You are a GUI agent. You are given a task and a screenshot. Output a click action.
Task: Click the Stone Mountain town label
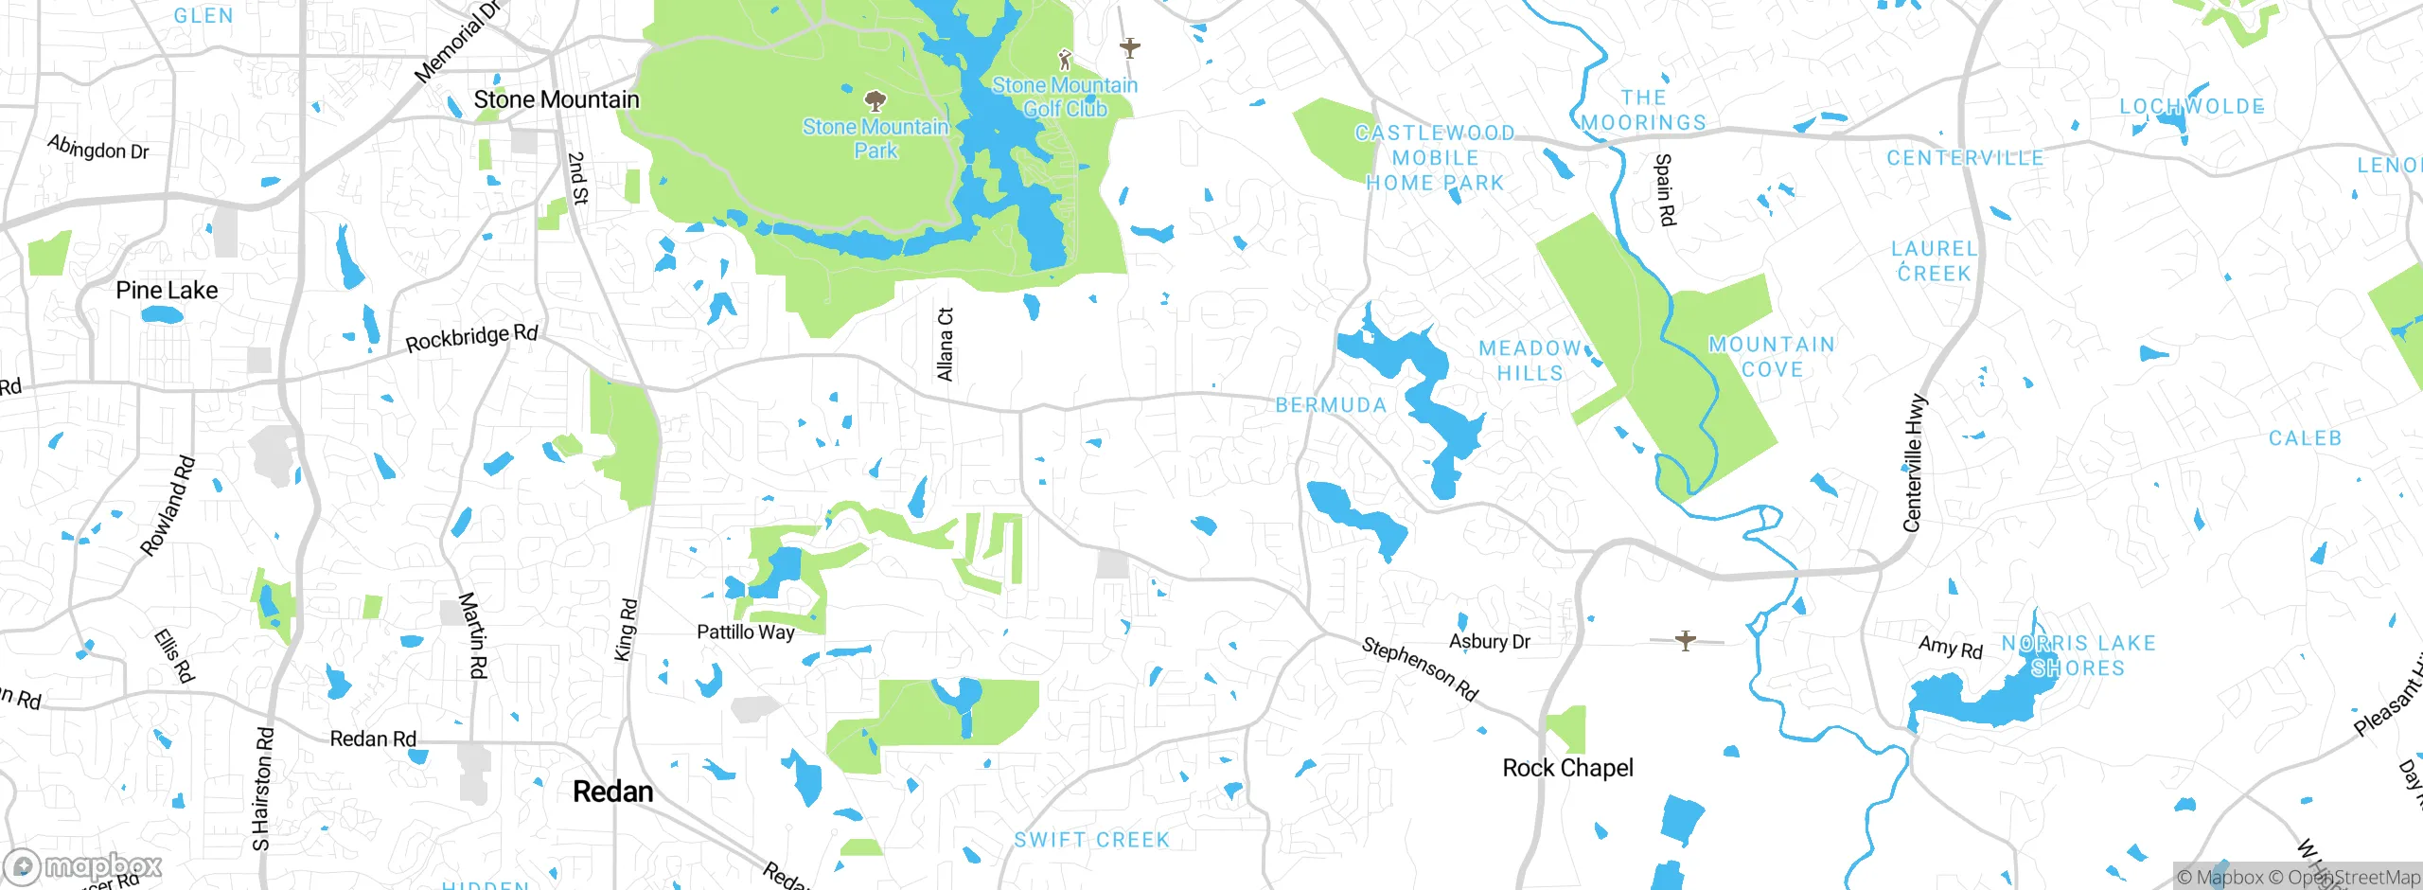tap(556, 99)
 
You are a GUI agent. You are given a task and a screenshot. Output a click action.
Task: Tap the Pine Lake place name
tap(167, 291)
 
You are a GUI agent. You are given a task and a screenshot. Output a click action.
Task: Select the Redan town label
tap(613, 792)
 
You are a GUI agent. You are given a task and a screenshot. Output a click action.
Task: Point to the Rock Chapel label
tap(1567, 768)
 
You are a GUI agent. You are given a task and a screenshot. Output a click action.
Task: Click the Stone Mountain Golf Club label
tap(1065, 98)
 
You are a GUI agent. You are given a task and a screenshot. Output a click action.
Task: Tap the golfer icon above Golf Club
tap(1065, 60)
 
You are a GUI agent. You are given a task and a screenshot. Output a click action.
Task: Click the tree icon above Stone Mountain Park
tap(875, 100)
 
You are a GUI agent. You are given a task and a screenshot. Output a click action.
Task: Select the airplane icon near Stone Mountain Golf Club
tap(1129, 46)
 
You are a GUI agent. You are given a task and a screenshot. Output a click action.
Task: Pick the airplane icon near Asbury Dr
tap(1686, 641)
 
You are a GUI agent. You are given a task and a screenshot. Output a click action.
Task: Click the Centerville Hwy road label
tap(1914, 463)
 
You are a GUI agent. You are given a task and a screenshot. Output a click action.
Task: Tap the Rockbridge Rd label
tap(471, 338)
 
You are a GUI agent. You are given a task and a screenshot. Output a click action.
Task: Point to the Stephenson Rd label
tap(1420, 669)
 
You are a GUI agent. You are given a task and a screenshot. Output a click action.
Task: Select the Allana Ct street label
tap(945, 345)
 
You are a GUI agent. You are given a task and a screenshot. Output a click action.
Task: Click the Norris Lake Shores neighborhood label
tap(2078, 656)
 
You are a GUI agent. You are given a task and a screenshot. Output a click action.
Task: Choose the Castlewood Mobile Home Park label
tap(1435, 158)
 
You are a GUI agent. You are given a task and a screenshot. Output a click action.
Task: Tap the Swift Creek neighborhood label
tap(1092, 840)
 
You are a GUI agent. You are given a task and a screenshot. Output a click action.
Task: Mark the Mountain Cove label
tap(1772, 357)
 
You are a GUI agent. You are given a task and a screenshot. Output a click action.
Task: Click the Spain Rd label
tap(1664, 190)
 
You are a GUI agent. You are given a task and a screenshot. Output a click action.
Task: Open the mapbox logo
tap(83, 866)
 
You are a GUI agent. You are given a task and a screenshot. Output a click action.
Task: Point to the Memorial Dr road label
tap(457, 43)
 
